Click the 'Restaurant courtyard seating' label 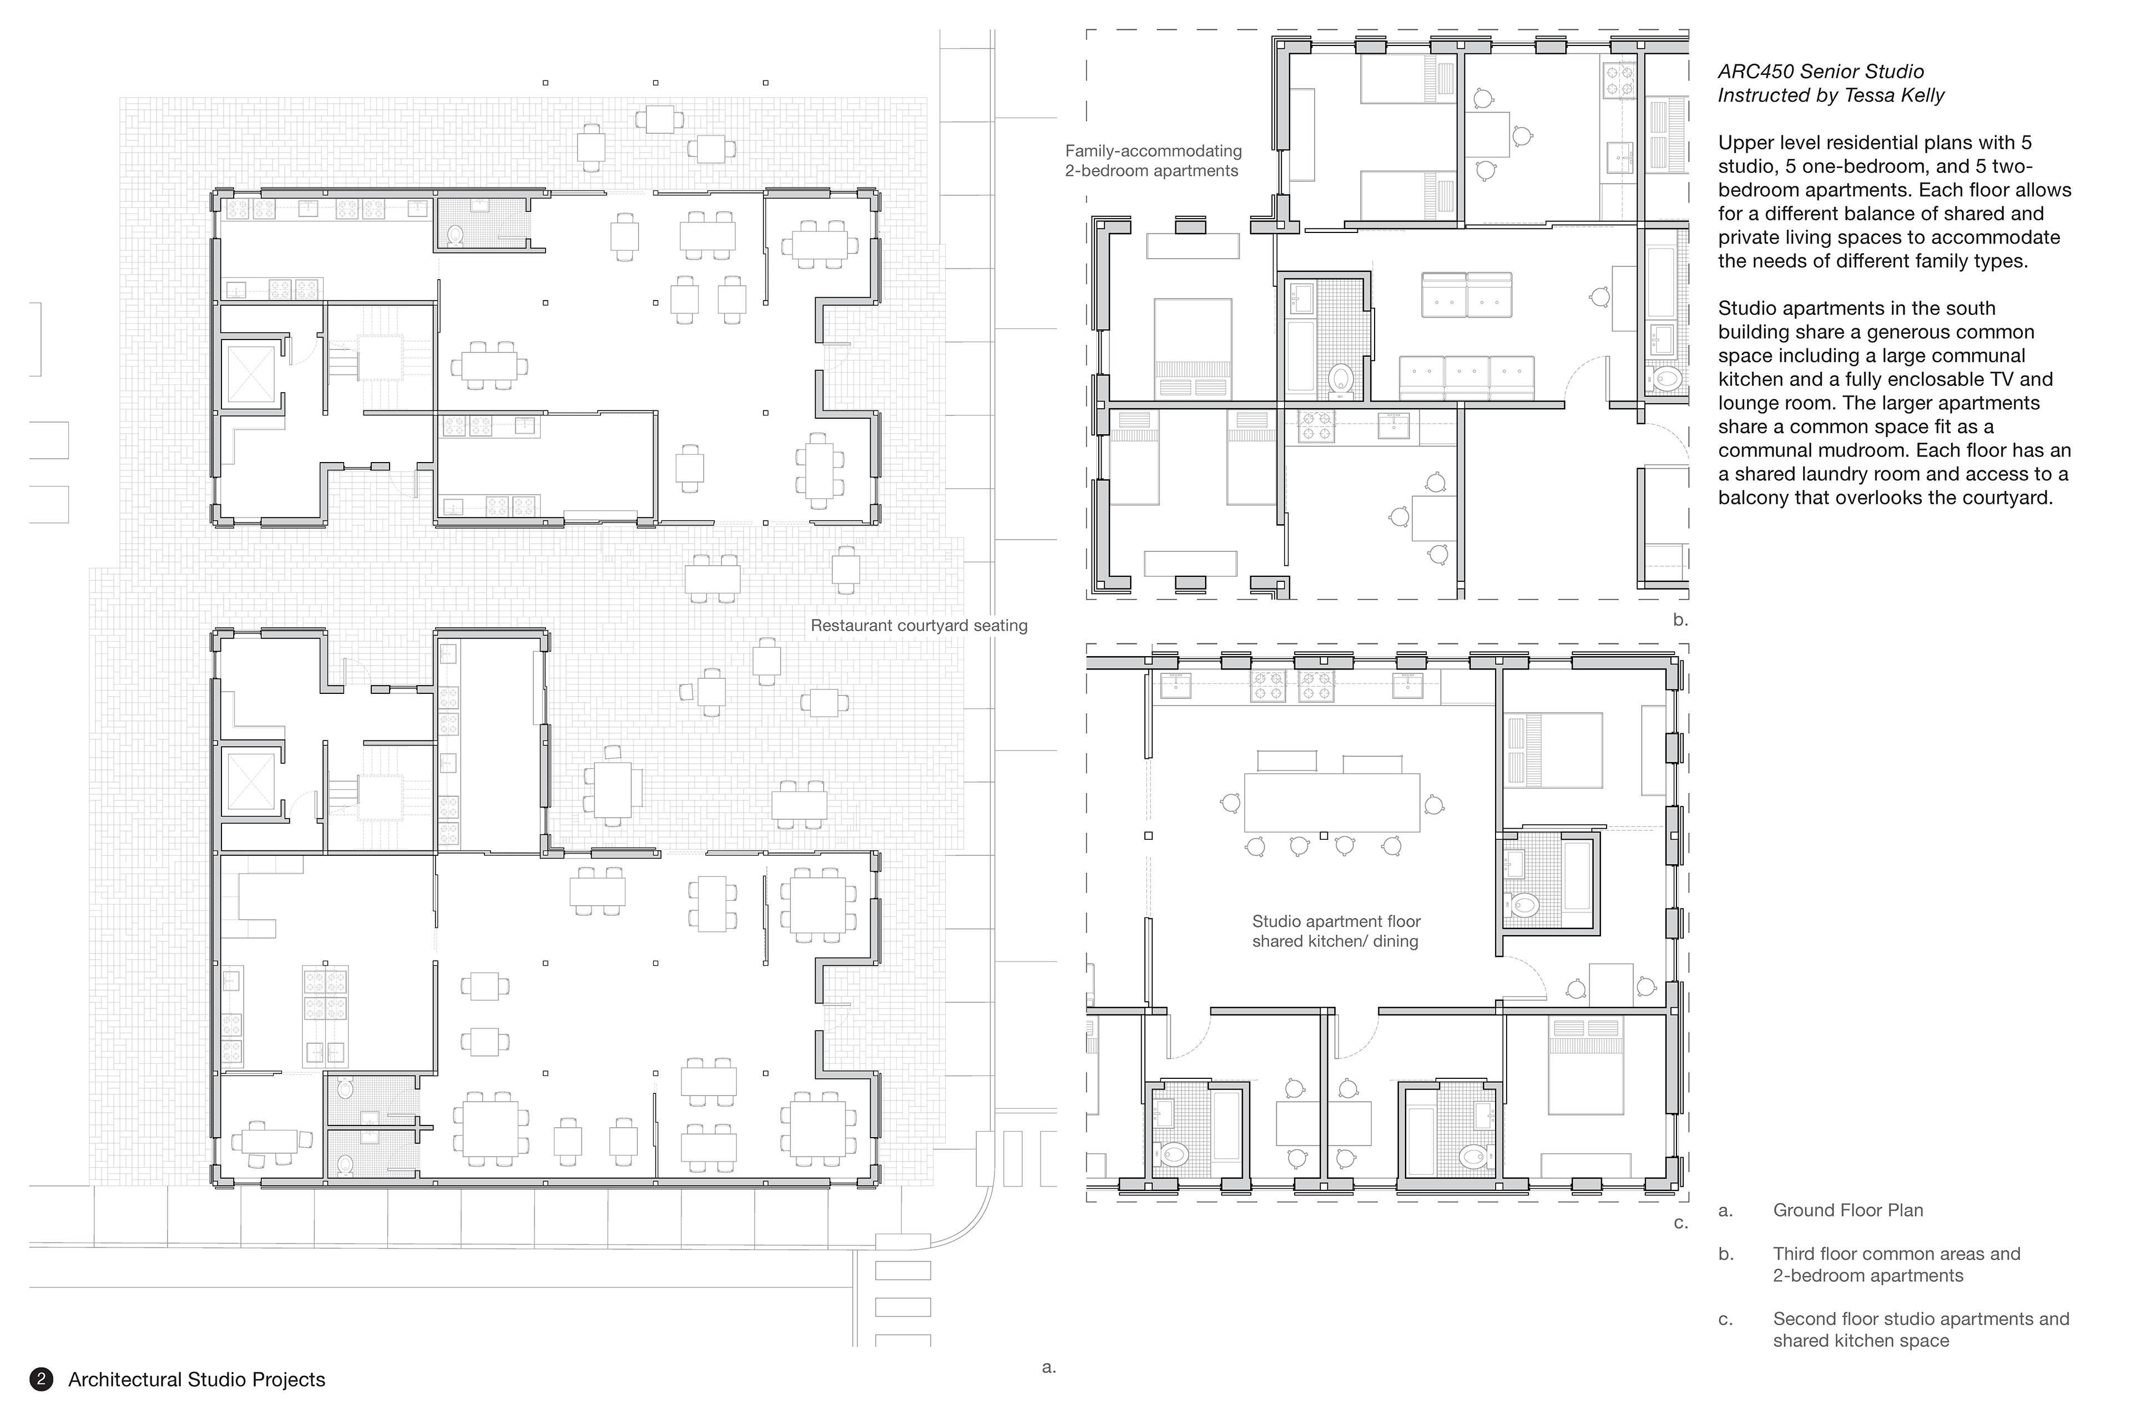click(919, 626)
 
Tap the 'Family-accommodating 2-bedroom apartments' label click(1153, 161)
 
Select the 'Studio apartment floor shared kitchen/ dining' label click(1336, 931)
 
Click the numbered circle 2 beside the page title click(41, 1380)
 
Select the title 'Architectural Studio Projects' click(196, 1380)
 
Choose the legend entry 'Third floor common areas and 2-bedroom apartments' click(1896, 1264)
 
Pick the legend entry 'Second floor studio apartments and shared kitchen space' click(1921, 1330)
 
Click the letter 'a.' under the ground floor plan click(1049, 1367)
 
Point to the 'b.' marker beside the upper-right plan click(1681, 620)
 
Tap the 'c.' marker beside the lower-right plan click(1681, 1223)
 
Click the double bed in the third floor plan click(1193, 349)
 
